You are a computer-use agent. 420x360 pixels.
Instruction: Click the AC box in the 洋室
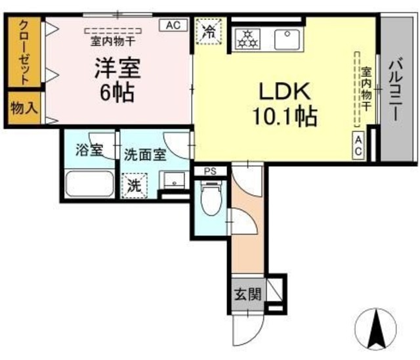(173, 26)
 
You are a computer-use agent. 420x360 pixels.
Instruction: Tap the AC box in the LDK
(359, 145)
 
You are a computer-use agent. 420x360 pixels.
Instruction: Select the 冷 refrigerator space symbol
(209, 32)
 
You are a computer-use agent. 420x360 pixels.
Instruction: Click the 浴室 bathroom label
(89, 150)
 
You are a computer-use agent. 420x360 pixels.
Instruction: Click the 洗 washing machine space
(135, 185)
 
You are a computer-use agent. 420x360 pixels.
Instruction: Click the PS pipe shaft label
(210, 171)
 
